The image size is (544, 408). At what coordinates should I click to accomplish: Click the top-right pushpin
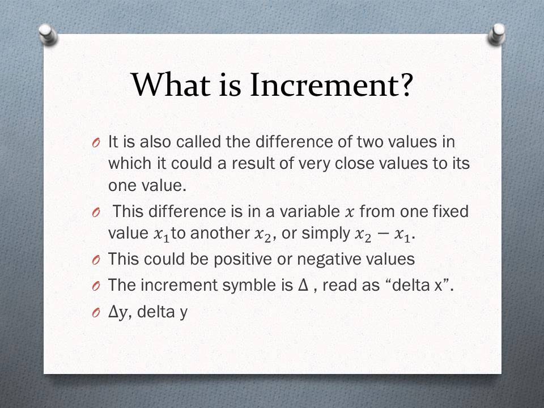point(496,33)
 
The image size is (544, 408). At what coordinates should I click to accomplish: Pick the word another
point(222,233)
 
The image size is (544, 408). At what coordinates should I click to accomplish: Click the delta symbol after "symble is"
point(303,285)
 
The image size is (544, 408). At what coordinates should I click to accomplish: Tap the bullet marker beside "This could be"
point(95,260)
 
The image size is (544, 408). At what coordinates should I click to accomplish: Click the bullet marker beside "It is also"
point(95,142)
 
